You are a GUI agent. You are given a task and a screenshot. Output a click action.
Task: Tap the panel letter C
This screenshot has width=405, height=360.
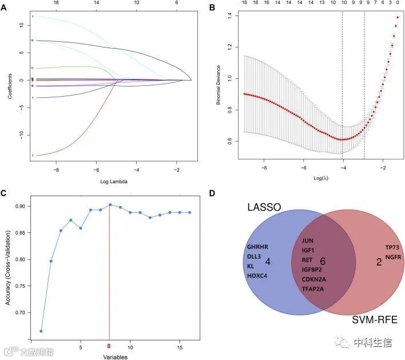pos(5,192)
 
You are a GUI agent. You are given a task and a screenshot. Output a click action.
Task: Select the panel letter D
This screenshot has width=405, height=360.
pos(212,192)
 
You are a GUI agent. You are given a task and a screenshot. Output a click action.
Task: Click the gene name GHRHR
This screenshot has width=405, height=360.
pos(257,248)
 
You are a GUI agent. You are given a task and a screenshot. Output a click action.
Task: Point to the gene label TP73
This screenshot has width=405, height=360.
pos(392,248)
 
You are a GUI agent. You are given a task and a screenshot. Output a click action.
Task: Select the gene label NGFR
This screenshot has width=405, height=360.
pos(394,257)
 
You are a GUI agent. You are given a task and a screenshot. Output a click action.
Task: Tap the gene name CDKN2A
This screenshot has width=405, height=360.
pos(313,279)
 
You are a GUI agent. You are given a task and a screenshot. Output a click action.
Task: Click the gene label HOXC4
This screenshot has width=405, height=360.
pos(257,276)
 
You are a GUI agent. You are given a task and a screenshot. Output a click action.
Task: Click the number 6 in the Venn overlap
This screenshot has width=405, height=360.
pos(323,261)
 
